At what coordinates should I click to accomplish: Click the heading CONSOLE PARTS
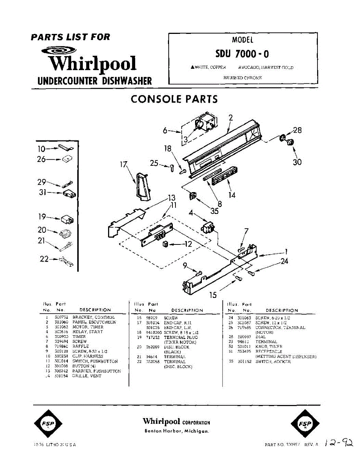174,99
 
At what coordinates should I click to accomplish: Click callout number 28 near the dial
297,131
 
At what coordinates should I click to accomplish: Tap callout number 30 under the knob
297,162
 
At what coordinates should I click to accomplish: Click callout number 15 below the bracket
213,295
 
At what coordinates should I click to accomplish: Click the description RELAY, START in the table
87,332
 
